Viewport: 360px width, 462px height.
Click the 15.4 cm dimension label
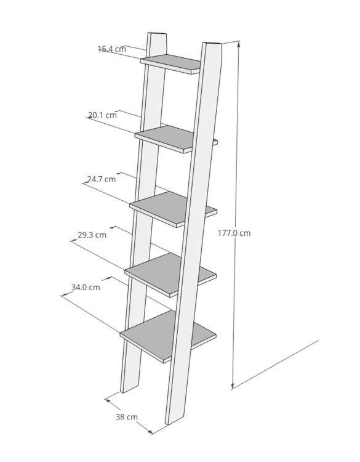(112, 49)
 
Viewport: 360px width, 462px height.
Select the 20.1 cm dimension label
(102, 115)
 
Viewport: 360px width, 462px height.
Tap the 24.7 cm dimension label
(102, 179)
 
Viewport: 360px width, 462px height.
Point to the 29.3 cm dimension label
(92, 235)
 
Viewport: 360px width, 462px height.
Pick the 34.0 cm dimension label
(86, 287)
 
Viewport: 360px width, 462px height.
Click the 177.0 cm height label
(234, 233)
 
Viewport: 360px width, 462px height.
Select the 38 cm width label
(127, 417)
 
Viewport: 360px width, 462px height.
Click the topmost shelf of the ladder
(170, 64)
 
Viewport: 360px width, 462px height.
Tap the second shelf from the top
(176, 139)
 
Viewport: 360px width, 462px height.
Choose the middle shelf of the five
(174, 209)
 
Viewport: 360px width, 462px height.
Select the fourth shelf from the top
(170, 275)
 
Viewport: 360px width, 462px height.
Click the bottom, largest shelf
(168, 336)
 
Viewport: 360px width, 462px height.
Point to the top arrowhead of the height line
(239, 44)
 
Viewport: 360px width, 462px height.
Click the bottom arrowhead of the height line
(233, 386)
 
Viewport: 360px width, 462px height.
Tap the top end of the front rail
(212, 44)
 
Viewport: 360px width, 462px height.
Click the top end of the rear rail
(157, 34)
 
